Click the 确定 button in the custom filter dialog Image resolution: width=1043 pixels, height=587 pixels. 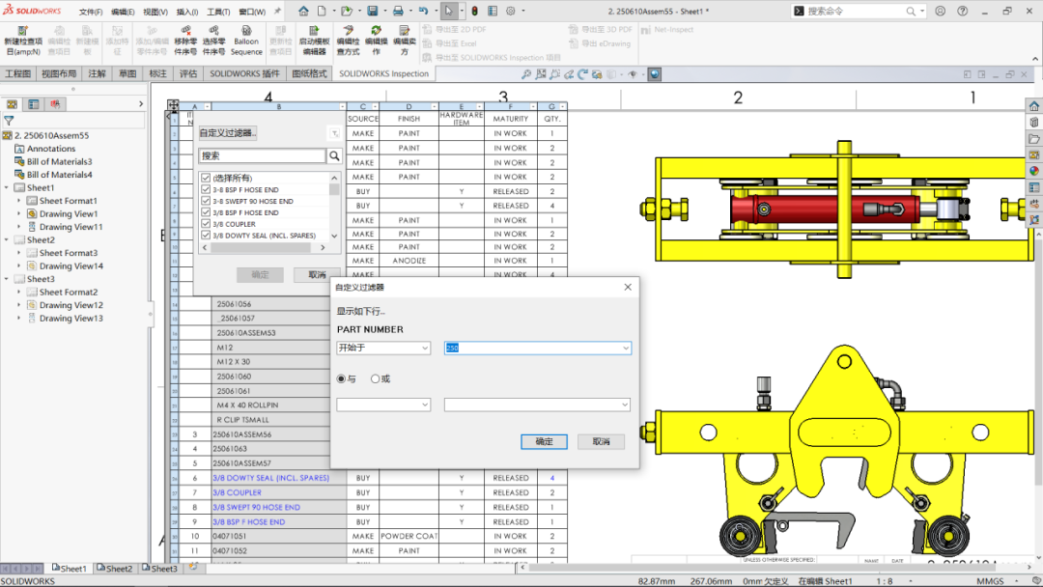(x=544, y=441)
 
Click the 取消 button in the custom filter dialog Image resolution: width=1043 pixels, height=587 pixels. (x=601, y=441)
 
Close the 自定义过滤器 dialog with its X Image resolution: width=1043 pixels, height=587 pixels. (x=628, y=287)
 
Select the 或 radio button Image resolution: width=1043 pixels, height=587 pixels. (x=376, y=378)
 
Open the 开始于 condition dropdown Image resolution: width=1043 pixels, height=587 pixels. (x=383, y=348)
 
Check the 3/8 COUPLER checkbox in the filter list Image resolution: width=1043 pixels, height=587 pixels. (x=206, y=224)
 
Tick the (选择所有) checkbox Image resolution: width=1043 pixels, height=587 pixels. (x=206, y=178)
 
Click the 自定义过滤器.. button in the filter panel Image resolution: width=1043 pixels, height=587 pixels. (x=228, y=133)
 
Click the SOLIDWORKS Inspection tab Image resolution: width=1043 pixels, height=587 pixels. (x=383, y=73)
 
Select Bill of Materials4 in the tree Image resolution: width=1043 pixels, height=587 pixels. (x=59, y=175)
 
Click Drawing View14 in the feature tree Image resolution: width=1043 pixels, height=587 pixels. (x=70, y=266)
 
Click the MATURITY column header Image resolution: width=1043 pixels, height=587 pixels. (x=510, y=119)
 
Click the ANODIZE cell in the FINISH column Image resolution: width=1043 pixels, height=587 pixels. (x=409, y=261)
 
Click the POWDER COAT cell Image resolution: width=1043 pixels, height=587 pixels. (x=409, y=536)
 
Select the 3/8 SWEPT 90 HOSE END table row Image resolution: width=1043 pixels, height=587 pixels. (x=256, y=507)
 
